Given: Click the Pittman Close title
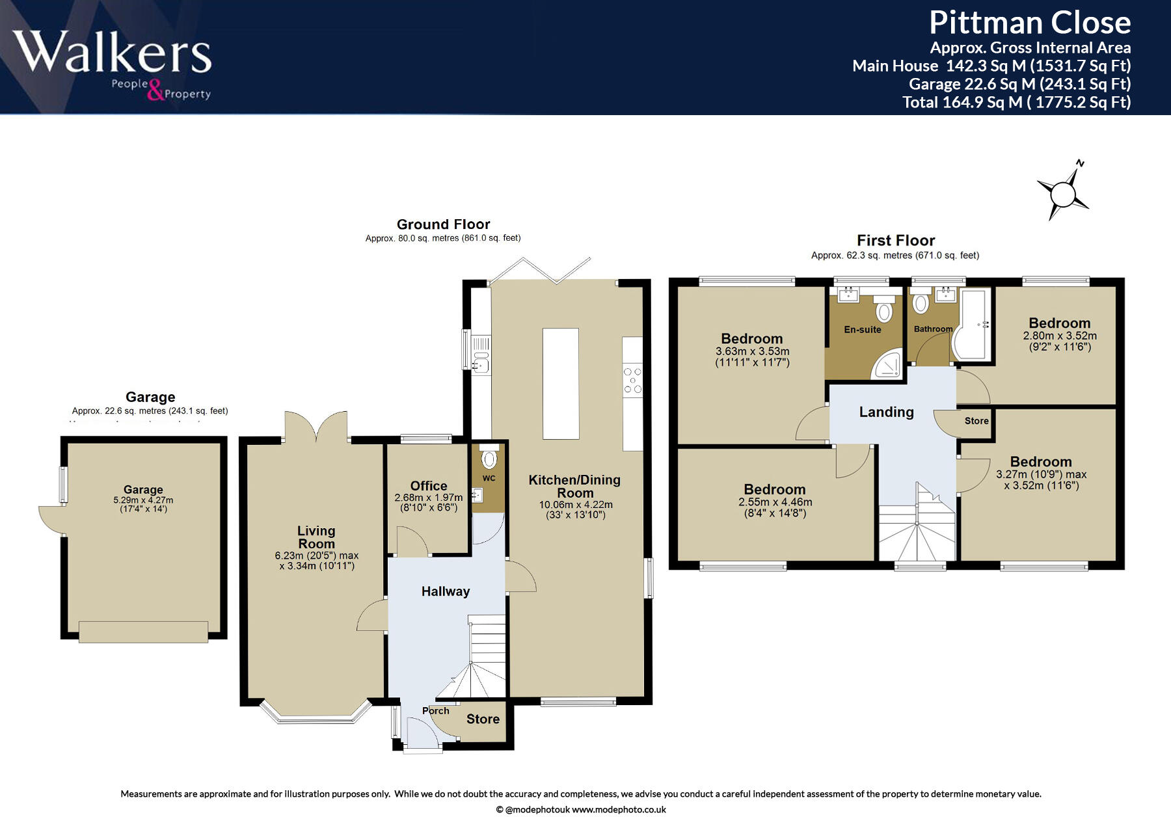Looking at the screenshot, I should tap(1029, 23).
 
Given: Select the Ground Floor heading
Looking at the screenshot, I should tap(443, 224).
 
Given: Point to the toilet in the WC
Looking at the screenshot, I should tap(489, 459).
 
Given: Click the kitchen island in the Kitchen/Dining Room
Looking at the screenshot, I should tap(560, 383).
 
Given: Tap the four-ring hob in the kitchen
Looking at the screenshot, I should tap(632, 381).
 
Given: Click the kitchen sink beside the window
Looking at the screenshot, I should tap(481, 364).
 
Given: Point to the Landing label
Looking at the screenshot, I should tap(886, 412).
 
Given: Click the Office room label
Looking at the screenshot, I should tap(428, 486).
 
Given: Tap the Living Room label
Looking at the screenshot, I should tap(316, 537).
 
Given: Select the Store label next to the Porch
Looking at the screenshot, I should tap(483, 719).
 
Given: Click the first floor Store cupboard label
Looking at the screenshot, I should tap(976, 421).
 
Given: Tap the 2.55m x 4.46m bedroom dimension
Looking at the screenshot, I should tap(775, 502).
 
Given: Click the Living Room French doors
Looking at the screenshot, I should tap(316, 426).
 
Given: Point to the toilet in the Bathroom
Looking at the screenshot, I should tap(920, 304).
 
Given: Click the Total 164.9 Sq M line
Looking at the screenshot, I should tap(1016, 102).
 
